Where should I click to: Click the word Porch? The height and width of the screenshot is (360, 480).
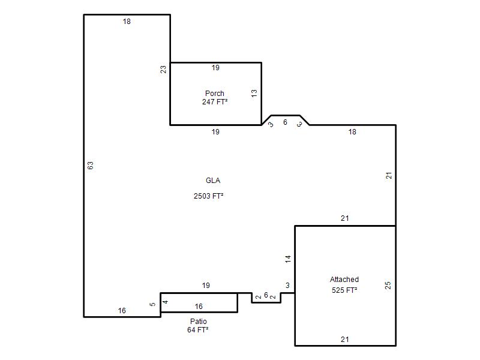coord(215,94)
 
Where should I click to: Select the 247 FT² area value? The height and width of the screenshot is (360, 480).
coord(215,102)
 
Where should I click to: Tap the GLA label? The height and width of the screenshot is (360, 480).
coord(213,181)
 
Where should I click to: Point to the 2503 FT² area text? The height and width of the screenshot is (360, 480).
coord(208,196)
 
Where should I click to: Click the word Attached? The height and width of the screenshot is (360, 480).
coord(344,280)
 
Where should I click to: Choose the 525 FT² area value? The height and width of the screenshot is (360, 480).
coord(344,290)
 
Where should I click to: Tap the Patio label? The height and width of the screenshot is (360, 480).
coord(199,322)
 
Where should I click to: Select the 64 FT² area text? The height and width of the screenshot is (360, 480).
coord(198,330)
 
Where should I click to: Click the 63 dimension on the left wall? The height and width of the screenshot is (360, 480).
coord(91,166)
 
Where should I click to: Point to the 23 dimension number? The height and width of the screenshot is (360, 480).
coord(164,70)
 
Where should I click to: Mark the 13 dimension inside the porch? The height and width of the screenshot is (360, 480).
coord(254,94)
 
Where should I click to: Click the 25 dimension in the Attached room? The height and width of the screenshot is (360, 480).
coord(388,286)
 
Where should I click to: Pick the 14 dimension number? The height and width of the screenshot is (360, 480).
coord(288,259)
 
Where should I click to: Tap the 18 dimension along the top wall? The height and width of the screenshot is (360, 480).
coord(127,22)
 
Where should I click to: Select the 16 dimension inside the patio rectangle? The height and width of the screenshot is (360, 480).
coord(199,307)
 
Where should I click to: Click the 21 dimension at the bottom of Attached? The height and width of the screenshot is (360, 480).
coord(344,340)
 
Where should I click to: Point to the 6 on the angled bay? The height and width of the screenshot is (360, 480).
coord(286,122)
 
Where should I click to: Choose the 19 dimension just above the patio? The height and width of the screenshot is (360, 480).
coord(206,286)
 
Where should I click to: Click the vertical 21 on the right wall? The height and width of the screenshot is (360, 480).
coord(389,176)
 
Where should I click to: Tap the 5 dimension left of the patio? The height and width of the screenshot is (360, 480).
coord(152,304)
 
